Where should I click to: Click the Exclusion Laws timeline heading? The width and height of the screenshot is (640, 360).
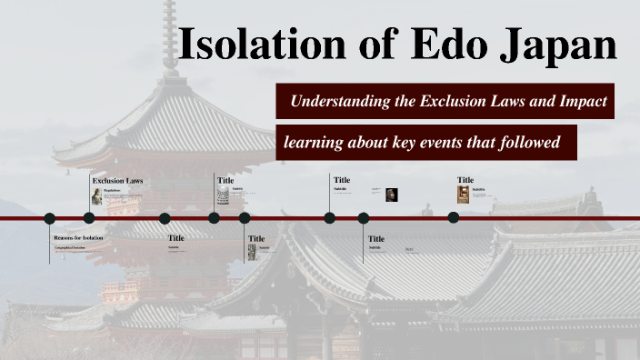pos(117,181)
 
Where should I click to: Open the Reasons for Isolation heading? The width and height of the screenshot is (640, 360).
pos(78,237)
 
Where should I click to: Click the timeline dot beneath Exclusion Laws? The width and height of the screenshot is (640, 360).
pos(89,218)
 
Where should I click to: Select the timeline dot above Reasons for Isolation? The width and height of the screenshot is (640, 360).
pos(50,218)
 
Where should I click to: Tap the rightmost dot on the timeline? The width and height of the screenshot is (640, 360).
pos(453,217)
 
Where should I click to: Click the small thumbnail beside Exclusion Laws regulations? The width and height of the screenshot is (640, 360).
pos(96,195)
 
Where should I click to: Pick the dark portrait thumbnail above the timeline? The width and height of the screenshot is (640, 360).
pos(391,195)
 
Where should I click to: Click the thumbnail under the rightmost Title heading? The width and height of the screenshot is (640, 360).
pos(464,194)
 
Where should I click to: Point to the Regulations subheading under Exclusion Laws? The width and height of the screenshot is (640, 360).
pos(112,190)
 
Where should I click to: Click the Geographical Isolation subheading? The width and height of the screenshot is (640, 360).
pos(69,246)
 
